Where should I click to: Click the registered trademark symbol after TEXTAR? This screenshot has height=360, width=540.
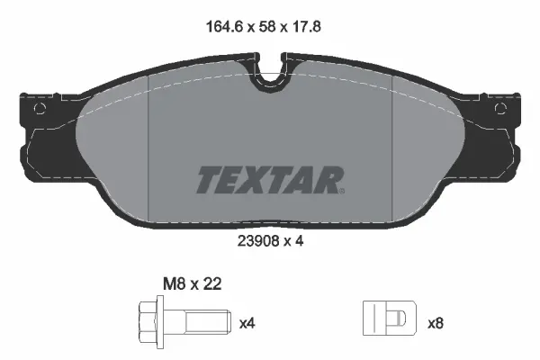[x=341, y=189]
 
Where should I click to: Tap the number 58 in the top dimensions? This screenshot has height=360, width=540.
[x=266, y=28]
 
